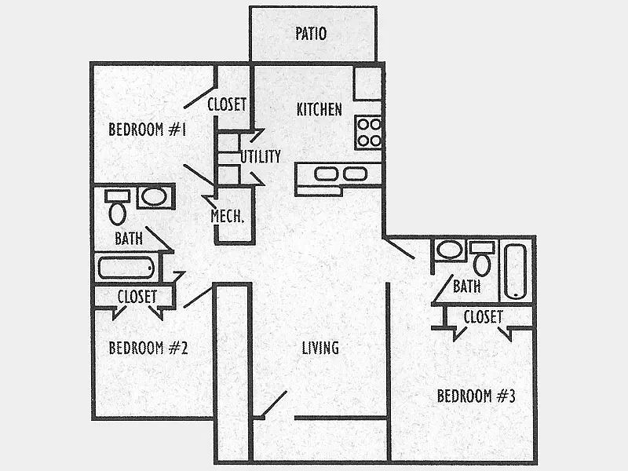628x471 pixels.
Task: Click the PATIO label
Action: [x=311, y=34]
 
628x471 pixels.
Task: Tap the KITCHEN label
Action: [x=319, y=109]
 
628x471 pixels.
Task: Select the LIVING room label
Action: [x=320, y=348]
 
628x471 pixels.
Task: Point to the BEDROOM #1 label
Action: [x=148, y=130]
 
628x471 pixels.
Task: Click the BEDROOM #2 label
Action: [x=148, y=348]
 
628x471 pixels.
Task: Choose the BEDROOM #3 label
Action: [x=476, y=396]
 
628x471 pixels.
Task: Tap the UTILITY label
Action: [x=261, y=156]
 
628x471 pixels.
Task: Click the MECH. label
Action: [x=227, y=217]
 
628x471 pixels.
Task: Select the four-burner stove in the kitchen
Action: [x=369, y=133]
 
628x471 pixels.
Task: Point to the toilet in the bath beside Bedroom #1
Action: [x=117, y=207]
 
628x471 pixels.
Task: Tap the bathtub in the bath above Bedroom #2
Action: [x=126, y=268]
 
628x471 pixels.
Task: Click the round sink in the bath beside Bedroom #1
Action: [x=154, y=197]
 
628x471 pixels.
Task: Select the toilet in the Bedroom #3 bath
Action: [x=482, y=258]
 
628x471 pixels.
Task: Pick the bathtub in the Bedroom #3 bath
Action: [x=516, y=272]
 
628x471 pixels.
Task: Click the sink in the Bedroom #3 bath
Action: [x=449, y=250]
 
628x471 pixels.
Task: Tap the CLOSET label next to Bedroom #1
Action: [x=227, y=104]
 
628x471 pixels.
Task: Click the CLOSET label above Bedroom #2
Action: [x=137, y=297]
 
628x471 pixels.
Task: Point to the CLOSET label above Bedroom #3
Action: [x=483, y=317]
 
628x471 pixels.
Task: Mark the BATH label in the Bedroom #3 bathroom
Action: [x=466, y=287]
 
